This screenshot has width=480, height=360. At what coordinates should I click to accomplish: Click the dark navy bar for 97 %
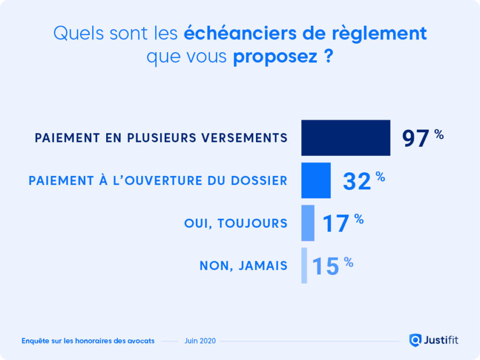click(x=346, y=138)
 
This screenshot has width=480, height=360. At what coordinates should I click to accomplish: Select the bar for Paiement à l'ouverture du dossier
click(x=316, y=180)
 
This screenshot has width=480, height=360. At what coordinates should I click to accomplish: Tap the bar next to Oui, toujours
click(x=308, y=223)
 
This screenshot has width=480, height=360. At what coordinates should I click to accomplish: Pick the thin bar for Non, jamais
click(x=304, y=265)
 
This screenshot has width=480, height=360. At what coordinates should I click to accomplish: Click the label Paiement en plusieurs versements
click(x=161, y=138)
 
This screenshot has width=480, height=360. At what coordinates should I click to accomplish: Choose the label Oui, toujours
click(x=236, y=223)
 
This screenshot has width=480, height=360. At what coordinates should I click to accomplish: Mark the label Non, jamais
click(x=244, y=265)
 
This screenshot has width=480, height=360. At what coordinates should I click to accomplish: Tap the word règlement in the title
click(x=386, y=34)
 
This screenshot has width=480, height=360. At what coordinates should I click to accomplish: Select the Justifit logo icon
click(x=415, y=340)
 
